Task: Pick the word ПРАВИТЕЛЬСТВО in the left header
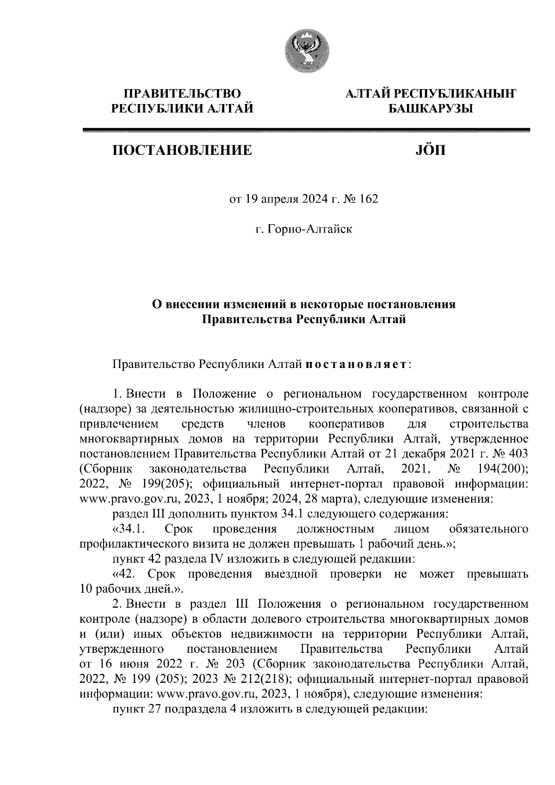tap(182, 94)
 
